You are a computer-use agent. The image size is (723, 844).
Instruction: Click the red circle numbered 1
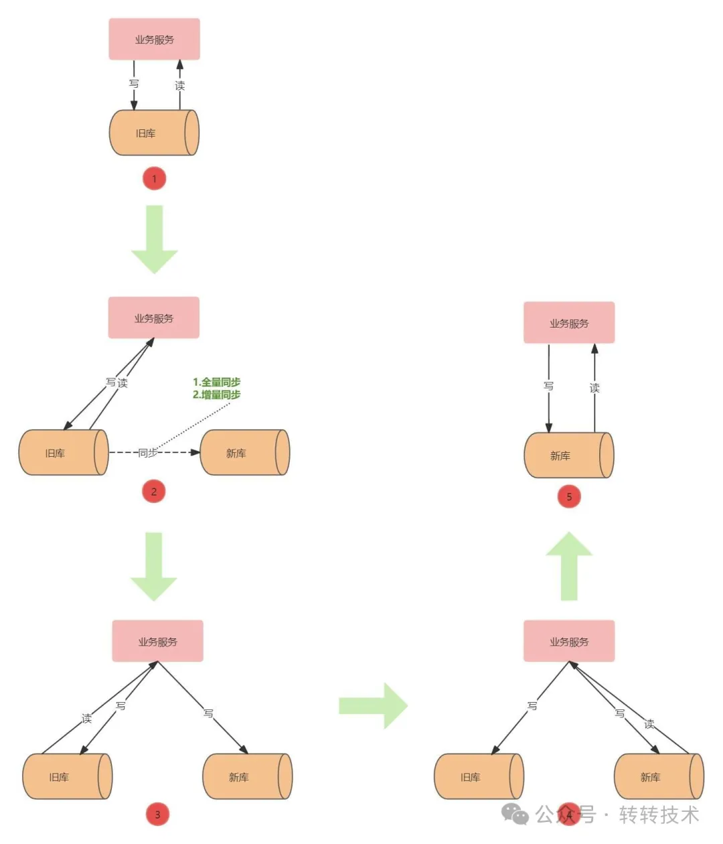[154, 179]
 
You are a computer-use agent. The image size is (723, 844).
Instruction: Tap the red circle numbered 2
[154, 492]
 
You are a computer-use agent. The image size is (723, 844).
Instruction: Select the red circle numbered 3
[157, 815]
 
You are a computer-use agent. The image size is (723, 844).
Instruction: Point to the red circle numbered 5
[569, 496]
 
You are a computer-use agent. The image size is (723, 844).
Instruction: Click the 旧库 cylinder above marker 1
[154, 133]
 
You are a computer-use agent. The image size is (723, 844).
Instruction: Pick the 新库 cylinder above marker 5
[568, 455]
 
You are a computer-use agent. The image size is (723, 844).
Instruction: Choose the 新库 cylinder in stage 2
[244, 453]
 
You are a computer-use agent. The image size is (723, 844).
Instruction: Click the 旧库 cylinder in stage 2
[64, 453]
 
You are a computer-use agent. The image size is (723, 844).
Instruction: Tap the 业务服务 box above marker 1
[154, 40]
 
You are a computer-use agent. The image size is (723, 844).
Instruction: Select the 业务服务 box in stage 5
[569, 323]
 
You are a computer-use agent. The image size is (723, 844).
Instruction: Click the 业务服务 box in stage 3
[157, 641]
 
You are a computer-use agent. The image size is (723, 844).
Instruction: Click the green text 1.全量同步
[216, 382]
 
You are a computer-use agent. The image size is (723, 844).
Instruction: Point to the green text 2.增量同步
[216, 395]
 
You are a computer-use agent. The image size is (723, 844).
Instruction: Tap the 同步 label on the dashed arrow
[148, 453]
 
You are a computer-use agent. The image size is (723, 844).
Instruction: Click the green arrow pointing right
[374, 705]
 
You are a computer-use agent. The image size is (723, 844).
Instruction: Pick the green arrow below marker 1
[155, 238]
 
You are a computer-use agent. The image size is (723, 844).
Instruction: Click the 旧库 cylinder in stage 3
[67, 776]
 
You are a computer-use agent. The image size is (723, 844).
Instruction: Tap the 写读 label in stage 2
[116, 382]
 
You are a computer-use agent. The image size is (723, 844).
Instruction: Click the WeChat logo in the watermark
[515, 815]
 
